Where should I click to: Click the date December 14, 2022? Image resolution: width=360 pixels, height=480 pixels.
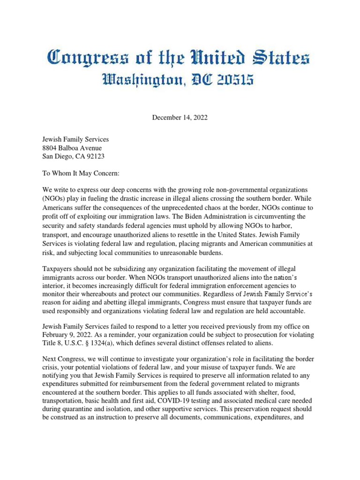point(180,118)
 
